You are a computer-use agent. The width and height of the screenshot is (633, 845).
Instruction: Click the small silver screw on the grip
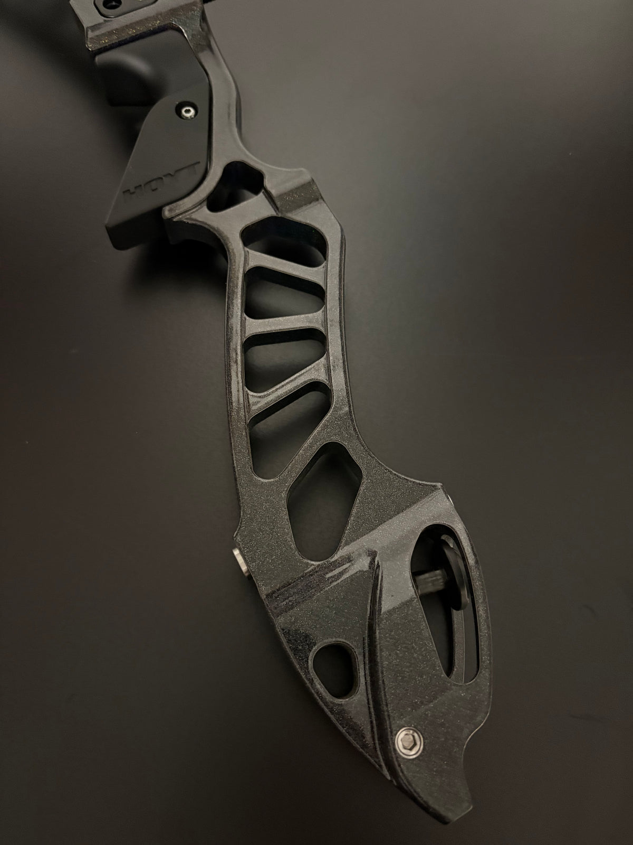[188, 111]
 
